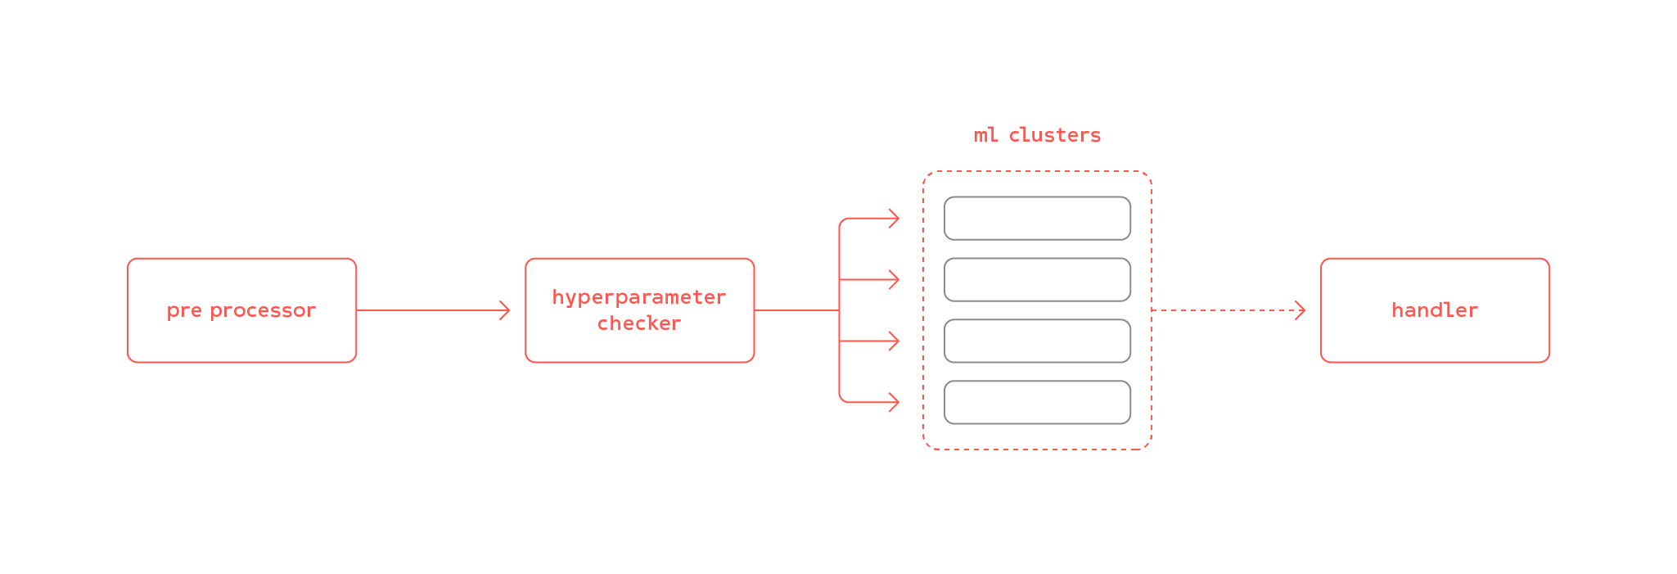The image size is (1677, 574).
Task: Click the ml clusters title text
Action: (1037, 135)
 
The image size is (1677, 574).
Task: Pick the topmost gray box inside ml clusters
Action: (1037, 219)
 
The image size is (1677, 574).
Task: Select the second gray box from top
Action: (1037, 280)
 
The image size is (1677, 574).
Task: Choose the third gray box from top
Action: (1037, 341)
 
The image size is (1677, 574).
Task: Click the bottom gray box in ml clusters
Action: (1037, 402)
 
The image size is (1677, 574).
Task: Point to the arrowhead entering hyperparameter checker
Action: (506, 310)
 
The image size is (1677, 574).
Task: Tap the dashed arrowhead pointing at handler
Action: (1301, 310)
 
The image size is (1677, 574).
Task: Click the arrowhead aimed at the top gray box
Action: (895, 219)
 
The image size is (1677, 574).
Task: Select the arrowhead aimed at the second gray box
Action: (895, 280)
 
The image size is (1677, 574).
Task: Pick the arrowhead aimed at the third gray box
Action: (895, 341)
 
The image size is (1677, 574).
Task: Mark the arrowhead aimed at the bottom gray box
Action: (895, 402)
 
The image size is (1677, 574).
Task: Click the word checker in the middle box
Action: (639, 323)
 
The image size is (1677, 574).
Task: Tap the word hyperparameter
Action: (639, 297)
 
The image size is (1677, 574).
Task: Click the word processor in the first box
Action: (263, 311)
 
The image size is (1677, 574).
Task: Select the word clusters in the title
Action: (1054, 135)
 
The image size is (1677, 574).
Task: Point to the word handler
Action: (1434, 310)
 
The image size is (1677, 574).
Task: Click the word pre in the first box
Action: (184, 311)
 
